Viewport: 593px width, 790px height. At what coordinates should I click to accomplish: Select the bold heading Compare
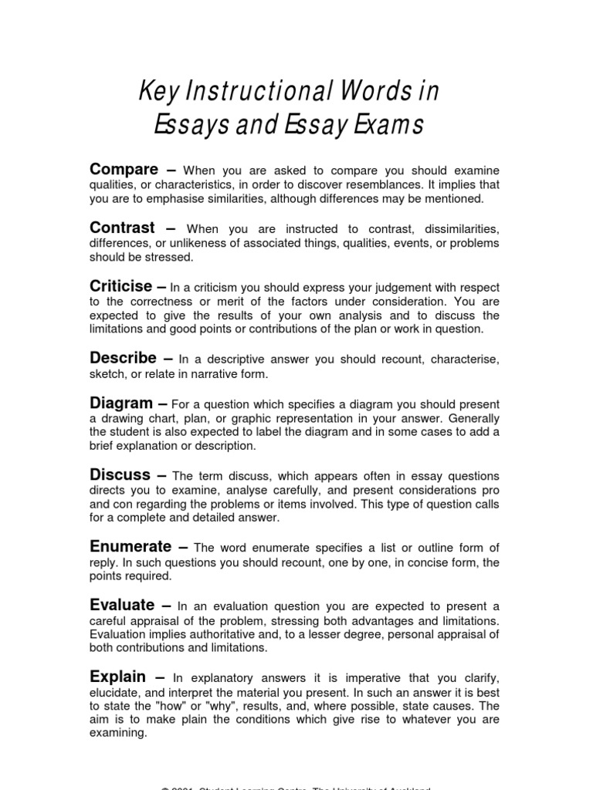pyautogui.click(x=124, y=169)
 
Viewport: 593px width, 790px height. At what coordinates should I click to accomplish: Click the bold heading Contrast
pyautogui.click(x=122, y=228)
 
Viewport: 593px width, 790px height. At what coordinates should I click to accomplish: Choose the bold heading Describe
pyautogui.click(x=124, y=359)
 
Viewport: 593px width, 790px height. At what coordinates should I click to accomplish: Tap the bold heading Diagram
pyautogui.click(x=121, y=403)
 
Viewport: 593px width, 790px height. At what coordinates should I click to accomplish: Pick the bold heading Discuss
pyautogui.click(x=119, y=474)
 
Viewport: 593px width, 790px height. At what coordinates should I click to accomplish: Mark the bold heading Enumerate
pyautogui.click(x=130, y=547)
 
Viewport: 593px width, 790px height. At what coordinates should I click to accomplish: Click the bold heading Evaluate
pyautogui.click(x=122, y=606)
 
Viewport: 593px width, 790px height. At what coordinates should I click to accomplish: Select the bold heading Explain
pyautogui.click(x=117, y=677)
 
